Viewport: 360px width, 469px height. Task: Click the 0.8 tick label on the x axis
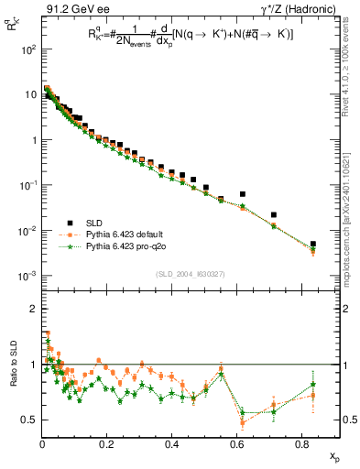tap(301, 442)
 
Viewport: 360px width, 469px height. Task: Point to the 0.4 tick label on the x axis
tap(171, 442)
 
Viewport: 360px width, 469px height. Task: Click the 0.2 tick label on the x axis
tap(107, 442)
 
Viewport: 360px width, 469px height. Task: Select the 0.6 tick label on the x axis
tap(236, 442)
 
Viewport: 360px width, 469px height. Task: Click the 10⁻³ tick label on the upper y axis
tap(27, 276)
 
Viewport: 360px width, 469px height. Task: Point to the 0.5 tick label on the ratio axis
tap(28, 420)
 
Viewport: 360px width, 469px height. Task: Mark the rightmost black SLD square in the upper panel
tap(313, 245)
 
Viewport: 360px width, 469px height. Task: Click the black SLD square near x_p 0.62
tap(243, 194)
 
